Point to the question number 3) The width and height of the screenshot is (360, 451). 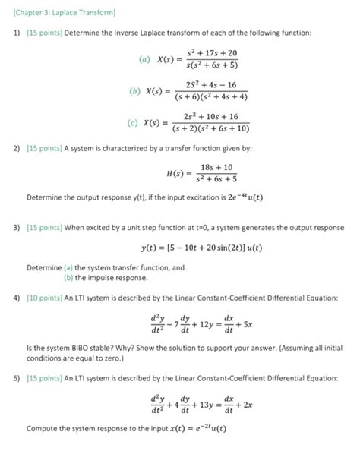click(x=16, y=227)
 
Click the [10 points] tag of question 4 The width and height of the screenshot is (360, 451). click(x=46, y=297)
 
